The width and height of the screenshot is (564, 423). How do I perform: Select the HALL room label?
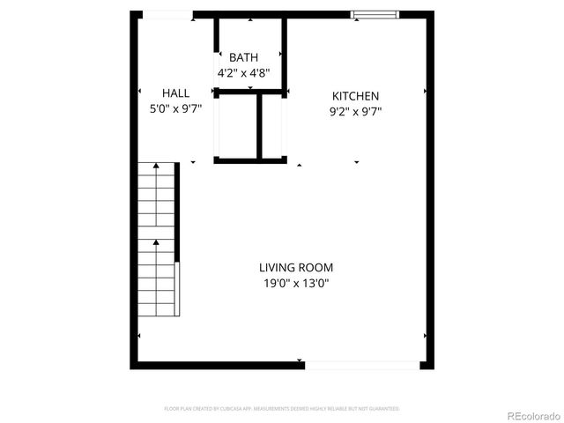(176, 93)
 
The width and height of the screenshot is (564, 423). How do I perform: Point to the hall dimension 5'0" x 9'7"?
(176, 109)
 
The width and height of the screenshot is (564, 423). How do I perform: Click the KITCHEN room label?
(355, 96)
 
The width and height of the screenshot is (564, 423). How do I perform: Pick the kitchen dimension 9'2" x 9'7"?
(355, 111)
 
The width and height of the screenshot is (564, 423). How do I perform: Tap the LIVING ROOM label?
(296, 268)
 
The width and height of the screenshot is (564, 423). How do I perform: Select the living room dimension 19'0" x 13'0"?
(296, 284)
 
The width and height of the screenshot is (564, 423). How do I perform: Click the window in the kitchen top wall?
(375, 14)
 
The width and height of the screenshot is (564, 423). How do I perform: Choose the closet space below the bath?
(235, 125)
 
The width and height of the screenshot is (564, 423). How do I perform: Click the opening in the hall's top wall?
(167, 14)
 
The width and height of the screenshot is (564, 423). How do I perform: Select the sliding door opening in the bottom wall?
(362, 364)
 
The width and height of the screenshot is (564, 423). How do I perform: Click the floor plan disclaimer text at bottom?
(282, 409)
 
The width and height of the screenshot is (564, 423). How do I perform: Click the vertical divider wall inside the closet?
(260, 125)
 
